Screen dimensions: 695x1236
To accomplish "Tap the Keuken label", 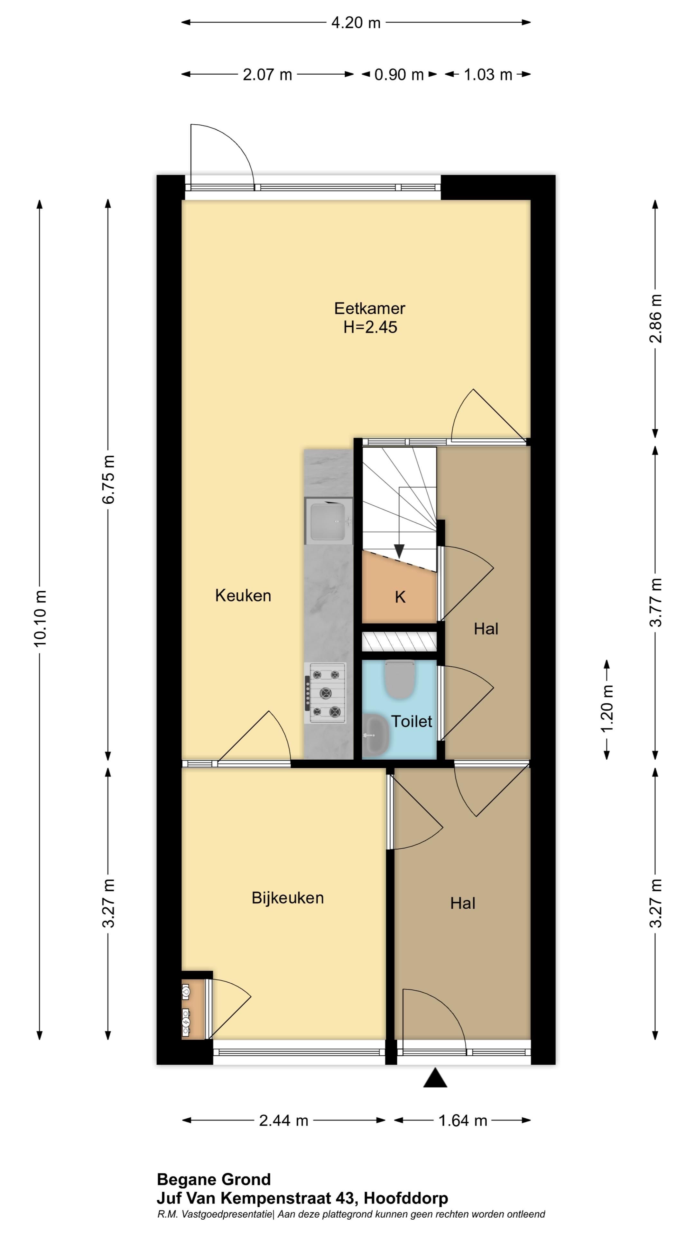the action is point(243,595).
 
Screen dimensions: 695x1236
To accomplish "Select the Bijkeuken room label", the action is point(288,898).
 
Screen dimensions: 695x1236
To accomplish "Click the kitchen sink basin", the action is point(328,521).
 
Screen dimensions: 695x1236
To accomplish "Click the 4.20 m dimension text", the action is point(356,23).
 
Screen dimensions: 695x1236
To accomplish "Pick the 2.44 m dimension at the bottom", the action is point(283,1120).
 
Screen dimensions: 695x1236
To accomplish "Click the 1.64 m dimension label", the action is point(463,1120).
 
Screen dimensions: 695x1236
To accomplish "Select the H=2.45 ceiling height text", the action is point(370,327).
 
